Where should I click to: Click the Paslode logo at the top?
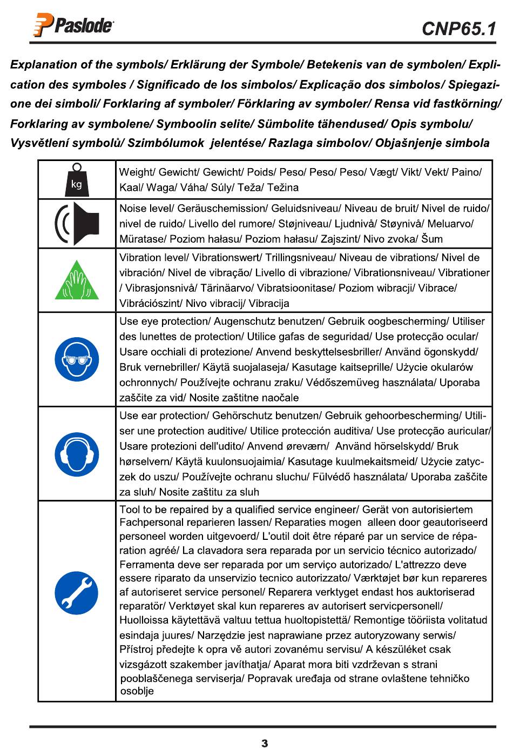74,25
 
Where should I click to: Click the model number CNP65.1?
458,29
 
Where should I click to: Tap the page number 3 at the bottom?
264,743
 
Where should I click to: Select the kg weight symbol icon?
76,179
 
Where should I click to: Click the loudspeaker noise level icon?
77,224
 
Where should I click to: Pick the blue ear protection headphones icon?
77,454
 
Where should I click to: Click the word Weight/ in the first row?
137,172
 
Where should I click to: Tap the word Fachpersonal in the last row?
147,523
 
